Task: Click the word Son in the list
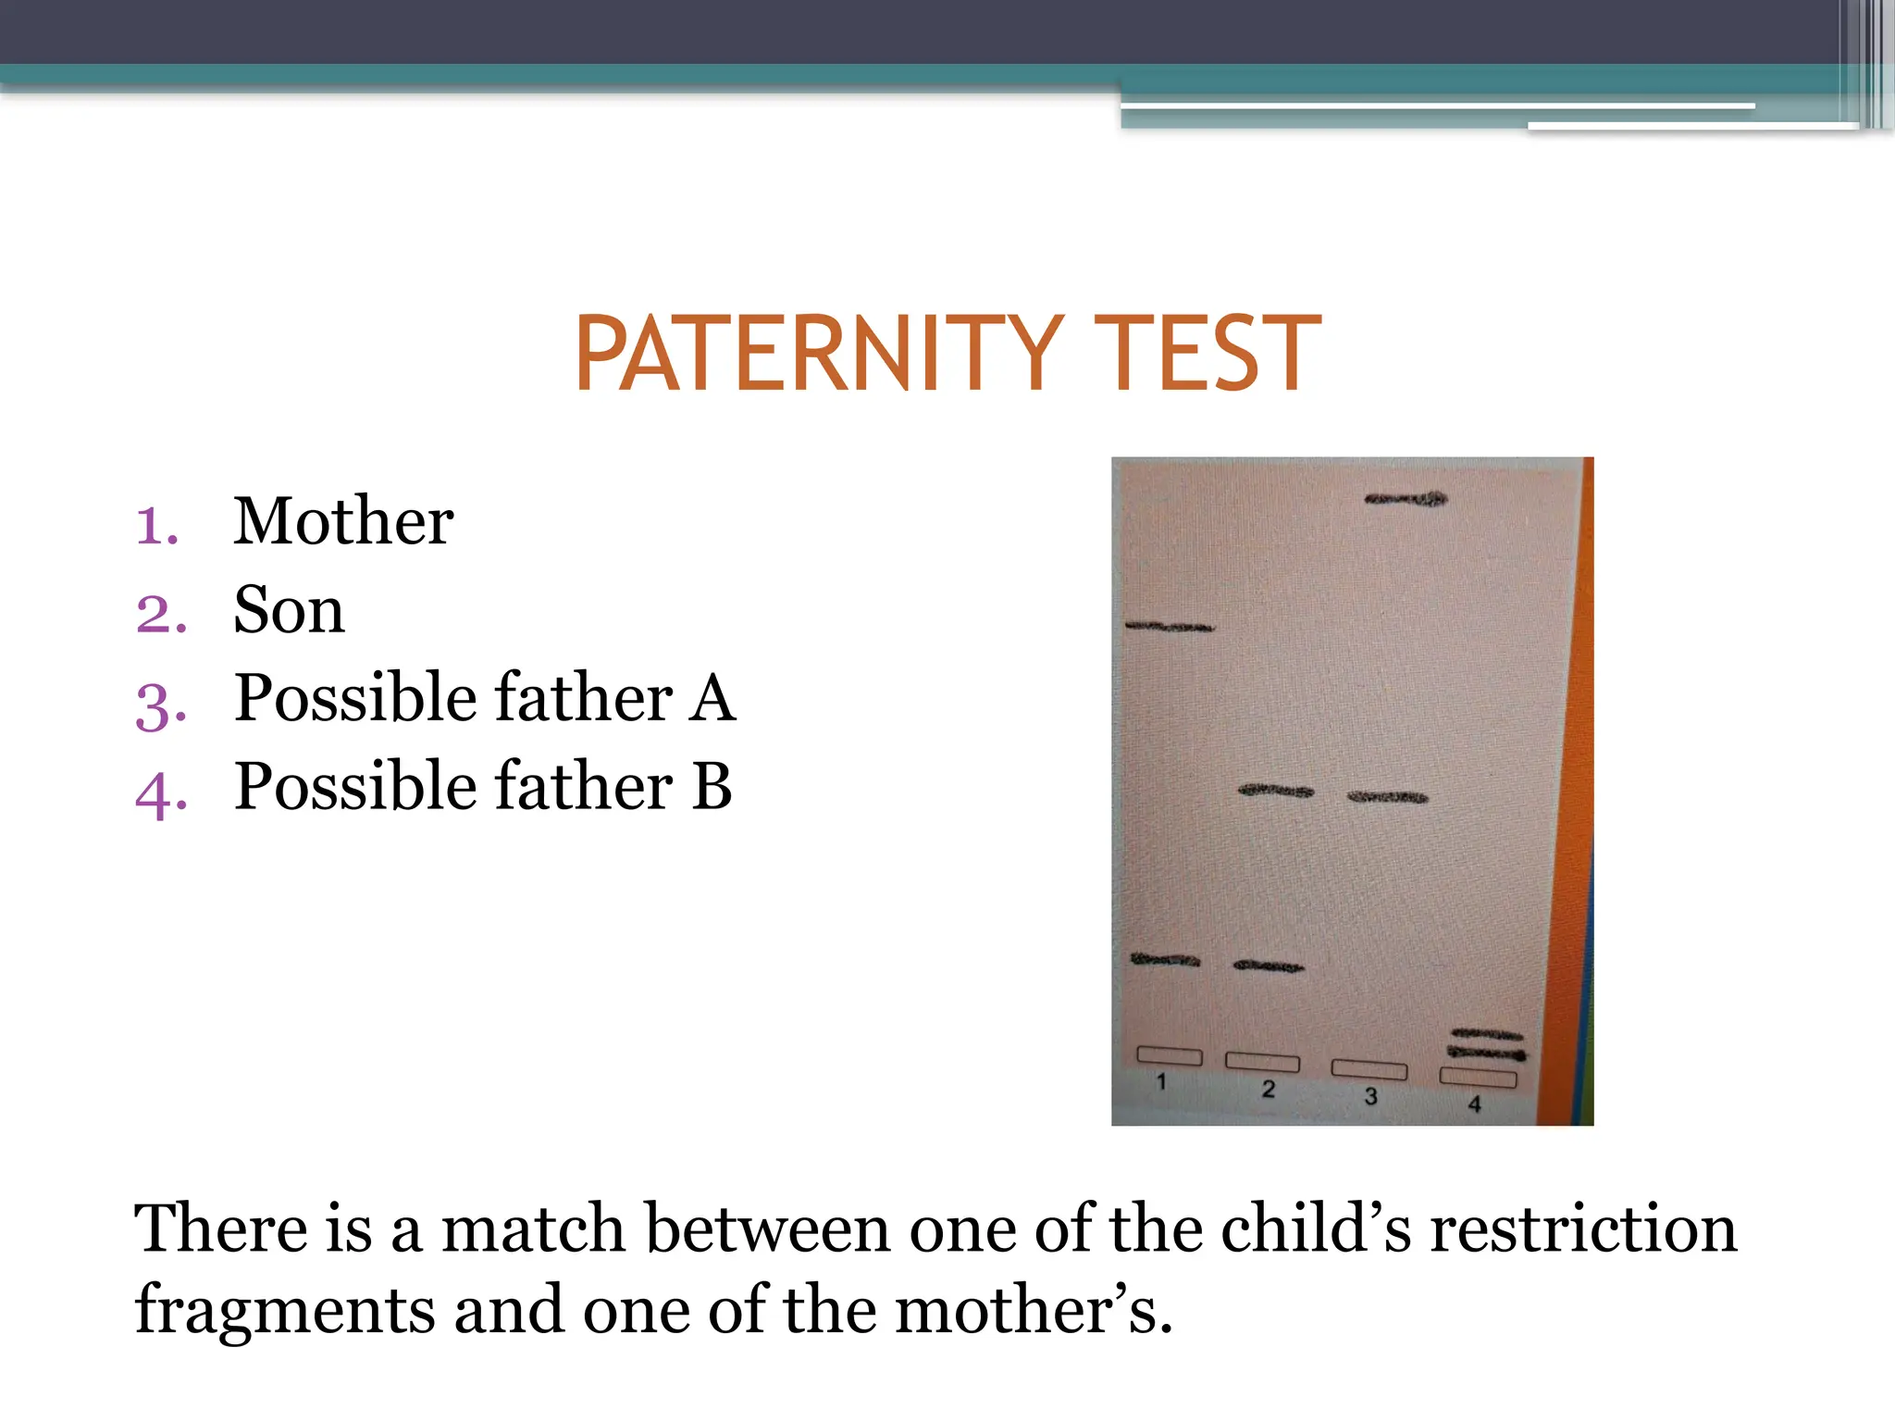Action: [x=289, y=610]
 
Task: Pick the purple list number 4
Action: [x=161, y=794]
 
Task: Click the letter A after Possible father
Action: [x=712, y=698]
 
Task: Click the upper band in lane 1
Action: [x=1170, y=628]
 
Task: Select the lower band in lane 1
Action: [x=1165, y=960]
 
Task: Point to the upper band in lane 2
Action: [x=1276, y=792]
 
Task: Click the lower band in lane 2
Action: [x=1269, y=967]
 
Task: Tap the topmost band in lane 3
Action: [x=1406, y=500]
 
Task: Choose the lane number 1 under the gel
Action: [x=1161, y=1081]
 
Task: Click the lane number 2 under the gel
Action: [x=1268, y=1090]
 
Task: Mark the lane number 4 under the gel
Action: [x=1474, y=1104]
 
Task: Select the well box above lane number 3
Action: [x=1369, y=1070]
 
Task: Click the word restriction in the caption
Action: [x=1583, y=1229]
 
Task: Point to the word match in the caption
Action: [x=533, y=1229]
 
